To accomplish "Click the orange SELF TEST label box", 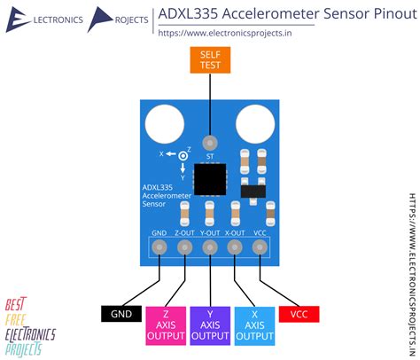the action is pyautogui.click(x=210, y=59).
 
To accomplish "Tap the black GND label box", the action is pyautogui.click(x=121, y=314).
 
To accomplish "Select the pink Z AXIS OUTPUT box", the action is pyautogui.click(x=166, y=325).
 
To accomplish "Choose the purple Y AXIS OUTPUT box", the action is pyautogui.click(x=210, y=325).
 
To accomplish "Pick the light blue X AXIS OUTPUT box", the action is pyautogui.click(x=254, y=325).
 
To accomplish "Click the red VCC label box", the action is pyautogui.click(x=299, y=314).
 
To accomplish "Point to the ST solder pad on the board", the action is pyautogui.click(x=210, y=144).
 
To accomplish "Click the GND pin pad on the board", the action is pyautogui.click(x=159, y=247).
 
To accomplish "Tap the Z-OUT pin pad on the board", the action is pyautogui.click(x=185, y=247).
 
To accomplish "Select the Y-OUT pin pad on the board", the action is pyautogui.click(x=210, y=247).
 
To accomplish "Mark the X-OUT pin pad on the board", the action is pyautogui.click(x=235, y=247).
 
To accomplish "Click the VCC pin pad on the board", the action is pyautogui.click(x=261, y=247).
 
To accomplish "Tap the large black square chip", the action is pyautogui.click(x=210, y=179).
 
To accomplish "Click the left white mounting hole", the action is pyautogui.click(x=165, y=124).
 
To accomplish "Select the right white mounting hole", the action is pyautogui.click(x=255, y=124).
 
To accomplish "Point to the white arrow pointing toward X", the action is pyautogui.click(x=170, y=153).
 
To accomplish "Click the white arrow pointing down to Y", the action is pyautogui.click(x=183, y=168).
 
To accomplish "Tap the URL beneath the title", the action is pyautogui.click(x=225, y=33).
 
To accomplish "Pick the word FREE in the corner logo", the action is pyautogui.click(x=15, y=320).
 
